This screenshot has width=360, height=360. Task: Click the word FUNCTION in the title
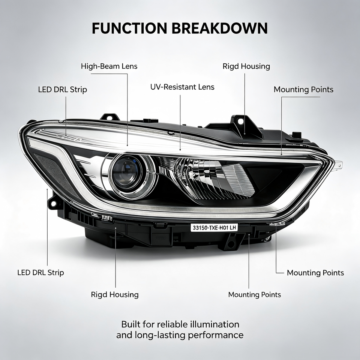[x=129, y=28]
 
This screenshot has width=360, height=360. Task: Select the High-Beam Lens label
[x=109, y=66]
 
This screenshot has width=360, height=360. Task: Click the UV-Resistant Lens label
[x=182, y=87]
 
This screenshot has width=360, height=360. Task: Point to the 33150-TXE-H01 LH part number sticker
[x=214, y=228]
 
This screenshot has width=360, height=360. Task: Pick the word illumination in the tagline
[x=214, y=324]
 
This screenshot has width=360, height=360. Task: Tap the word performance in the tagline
[x=216, y=335]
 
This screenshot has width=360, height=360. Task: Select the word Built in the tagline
[x=130, y=324]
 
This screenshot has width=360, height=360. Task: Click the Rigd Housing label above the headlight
[x=246, y=67]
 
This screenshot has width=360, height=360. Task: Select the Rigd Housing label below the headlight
[x=115, y=295]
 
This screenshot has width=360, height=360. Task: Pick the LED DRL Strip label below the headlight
[x=40, y=273]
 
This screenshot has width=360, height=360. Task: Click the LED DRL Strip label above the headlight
[x=63, y=90]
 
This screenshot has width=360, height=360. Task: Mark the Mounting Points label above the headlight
[x=303, y=90]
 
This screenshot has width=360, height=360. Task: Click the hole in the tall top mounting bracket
[x=240, y=120]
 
